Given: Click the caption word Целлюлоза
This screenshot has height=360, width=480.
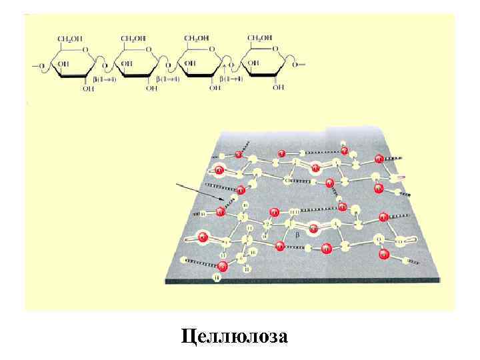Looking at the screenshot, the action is click(235, 335).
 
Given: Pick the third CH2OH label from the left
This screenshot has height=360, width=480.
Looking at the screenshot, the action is click(195, 39).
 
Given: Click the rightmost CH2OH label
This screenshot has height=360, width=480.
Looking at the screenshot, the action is click(259, 39).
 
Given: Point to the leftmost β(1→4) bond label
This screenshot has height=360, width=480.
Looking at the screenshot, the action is click(105, 79).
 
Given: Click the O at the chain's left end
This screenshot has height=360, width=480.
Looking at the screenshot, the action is click(41, 65).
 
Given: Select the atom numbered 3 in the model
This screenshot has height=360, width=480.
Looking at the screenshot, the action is click(243, 217).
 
